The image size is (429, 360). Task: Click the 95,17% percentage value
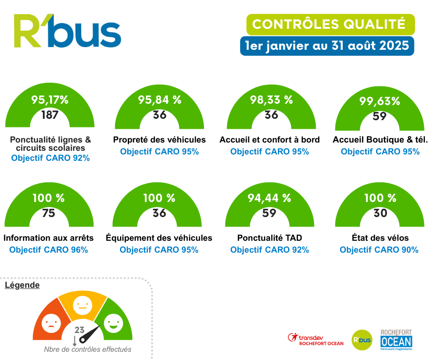tap(50, 100)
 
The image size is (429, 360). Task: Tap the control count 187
tap(50, 115)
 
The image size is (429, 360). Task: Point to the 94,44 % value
tap(269, 198)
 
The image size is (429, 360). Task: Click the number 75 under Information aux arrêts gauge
tap(48, 213)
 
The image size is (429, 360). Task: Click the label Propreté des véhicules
tap(159, 139)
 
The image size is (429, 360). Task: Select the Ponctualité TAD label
tap(269, 238)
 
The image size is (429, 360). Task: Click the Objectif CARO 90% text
tap(379, 250)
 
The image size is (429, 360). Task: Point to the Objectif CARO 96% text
tap(48, 250)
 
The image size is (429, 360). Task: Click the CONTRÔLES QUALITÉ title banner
tap(329, 24)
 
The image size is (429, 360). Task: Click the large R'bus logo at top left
tap(67, 31)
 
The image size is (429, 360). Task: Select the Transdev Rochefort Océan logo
tap(316, 339)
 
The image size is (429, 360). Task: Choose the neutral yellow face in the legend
tap(83, 304)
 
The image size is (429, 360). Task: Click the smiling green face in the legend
tap(112, 324)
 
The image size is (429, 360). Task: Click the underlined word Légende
tap(22, 285)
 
